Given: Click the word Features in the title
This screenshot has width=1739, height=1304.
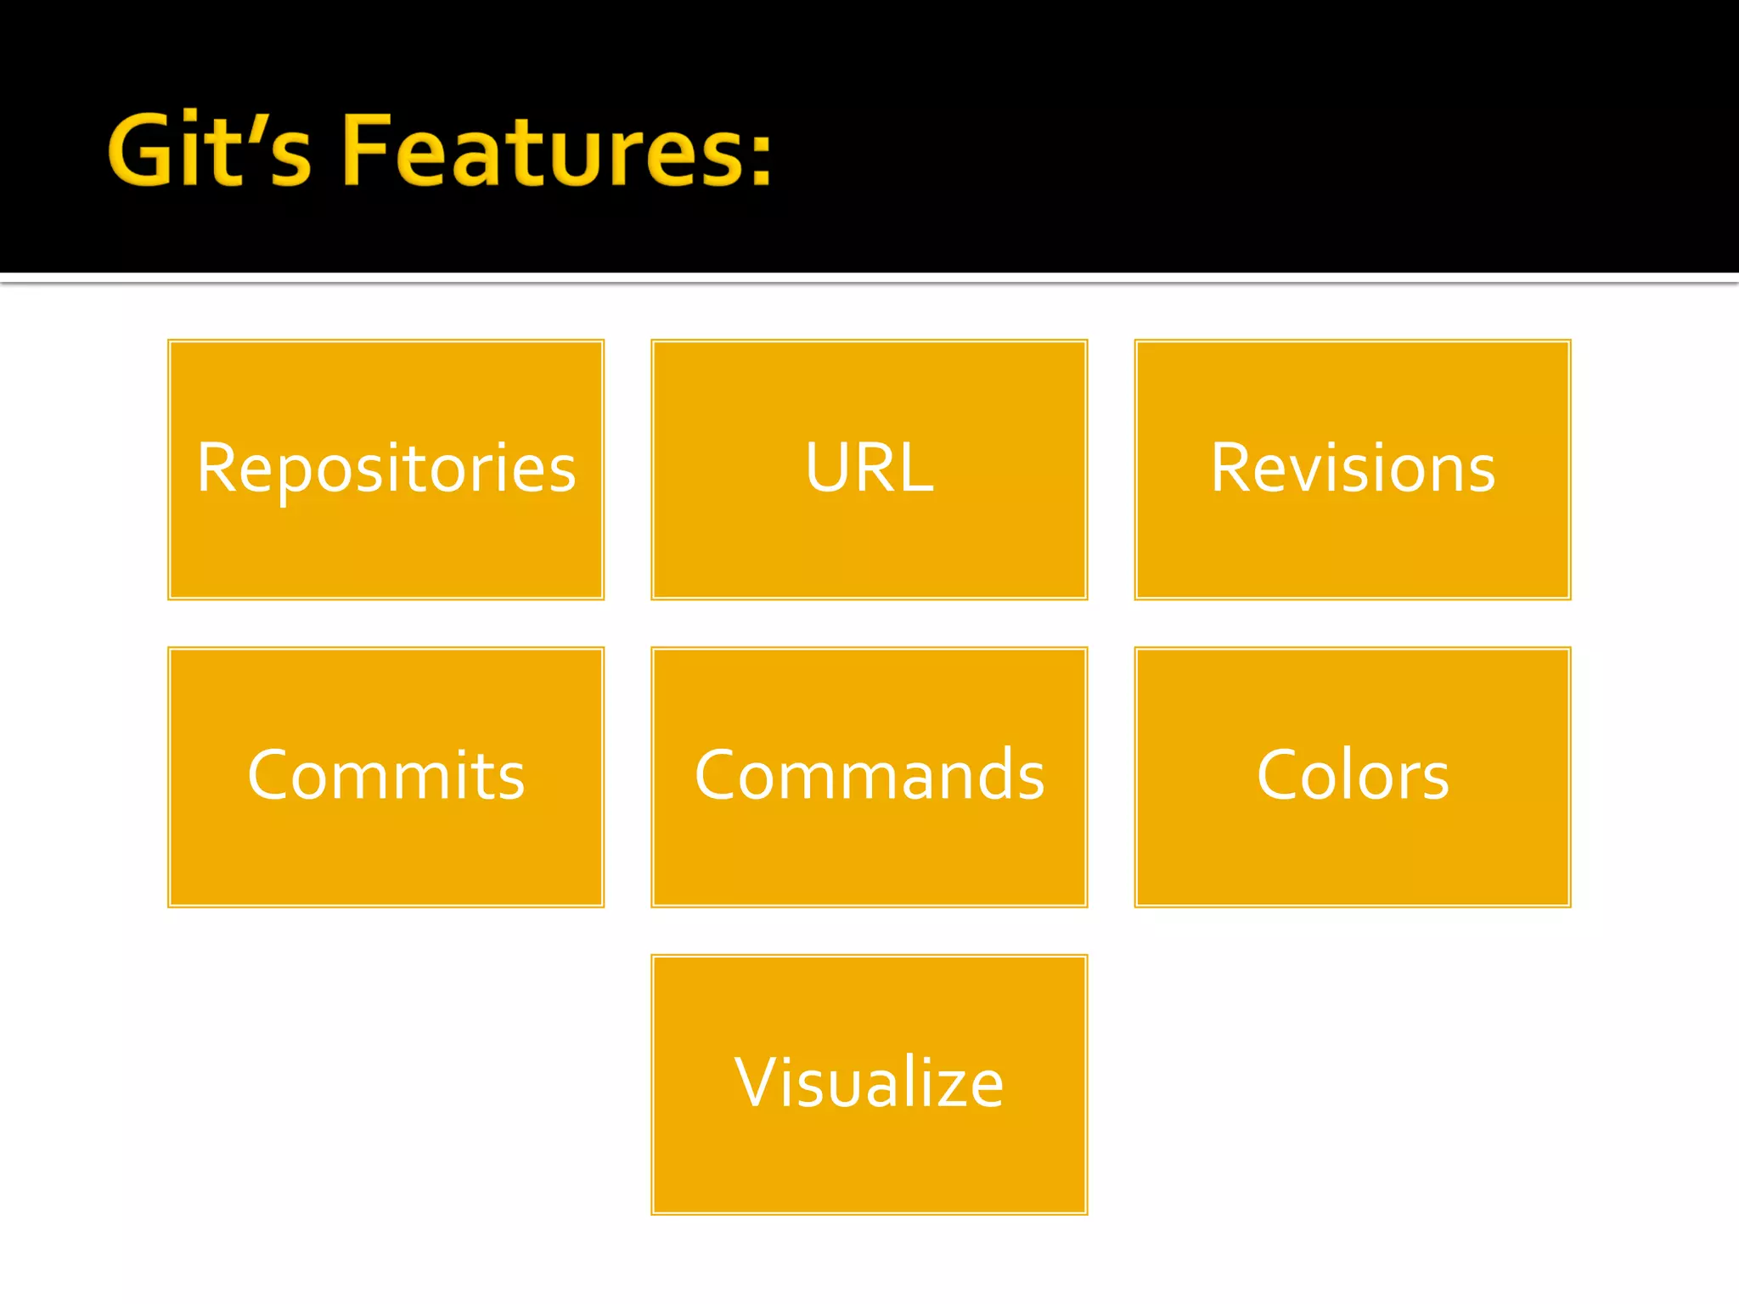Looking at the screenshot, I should click(543, 150).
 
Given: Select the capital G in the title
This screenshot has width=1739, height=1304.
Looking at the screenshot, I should click(140, 150).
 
